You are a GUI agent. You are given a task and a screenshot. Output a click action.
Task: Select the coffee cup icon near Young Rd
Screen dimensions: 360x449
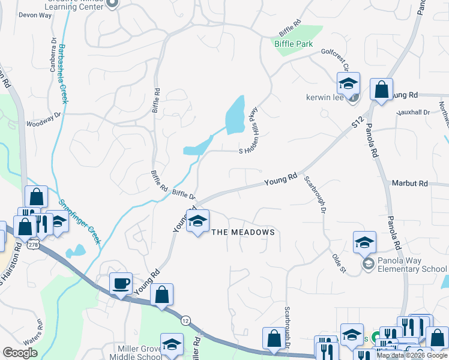point(120,283)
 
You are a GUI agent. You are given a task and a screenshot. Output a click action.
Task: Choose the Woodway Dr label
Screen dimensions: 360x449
point(43,119)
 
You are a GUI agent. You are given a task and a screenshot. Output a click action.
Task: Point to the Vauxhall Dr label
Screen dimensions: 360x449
point(413,112)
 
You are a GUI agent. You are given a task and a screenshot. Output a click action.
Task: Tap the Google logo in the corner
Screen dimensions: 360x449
point(20,353)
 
